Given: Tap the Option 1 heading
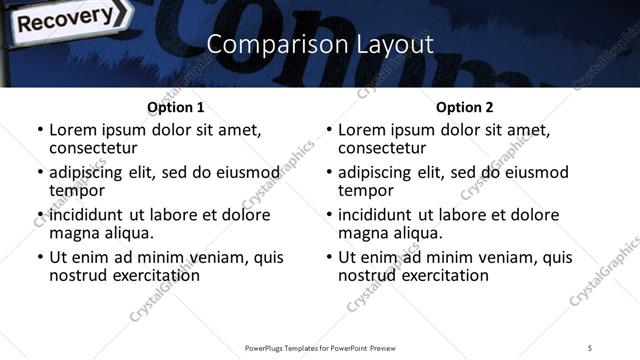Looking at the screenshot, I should (175, 107).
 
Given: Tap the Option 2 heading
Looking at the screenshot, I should (463, 107).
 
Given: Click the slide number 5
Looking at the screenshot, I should (590, 347).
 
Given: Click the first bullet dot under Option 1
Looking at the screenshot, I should (40, 130).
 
